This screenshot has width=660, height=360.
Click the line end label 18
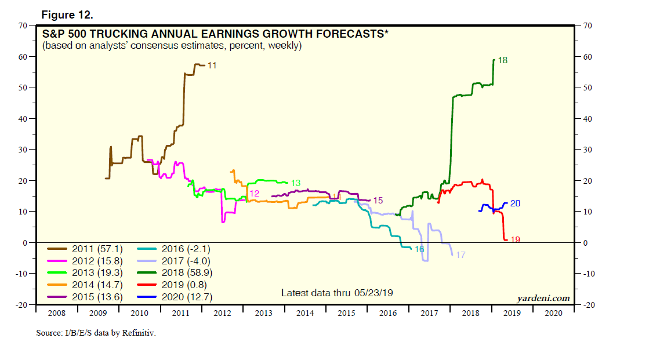click(x=503, y=60)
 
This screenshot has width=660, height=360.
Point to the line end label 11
click(x=212, y=66)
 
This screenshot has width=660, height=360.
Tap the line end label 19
click(x=514, y=239)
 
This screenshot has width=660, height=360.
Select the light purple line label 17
click(x=460, y=255)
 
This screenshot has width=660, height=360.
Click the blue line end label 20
click(x=515, y=203)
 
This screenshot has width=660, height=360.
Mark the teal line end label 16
click(x=419, y=249)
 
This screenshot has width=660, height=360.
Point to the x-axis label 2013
click(x=263, y=313)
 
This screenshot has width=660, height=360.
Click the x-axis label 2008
click(x=56, y=313)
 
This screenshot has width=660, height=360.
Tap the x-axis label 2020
click(x=553, y=313)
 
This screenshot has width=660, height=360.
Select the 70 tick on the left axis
click(x=24, y=26)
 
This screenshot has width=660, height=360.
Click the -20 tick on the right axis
click(x=588, y=304)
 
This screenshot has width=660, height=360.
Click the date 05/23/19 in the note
click(x=372, y=293)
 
